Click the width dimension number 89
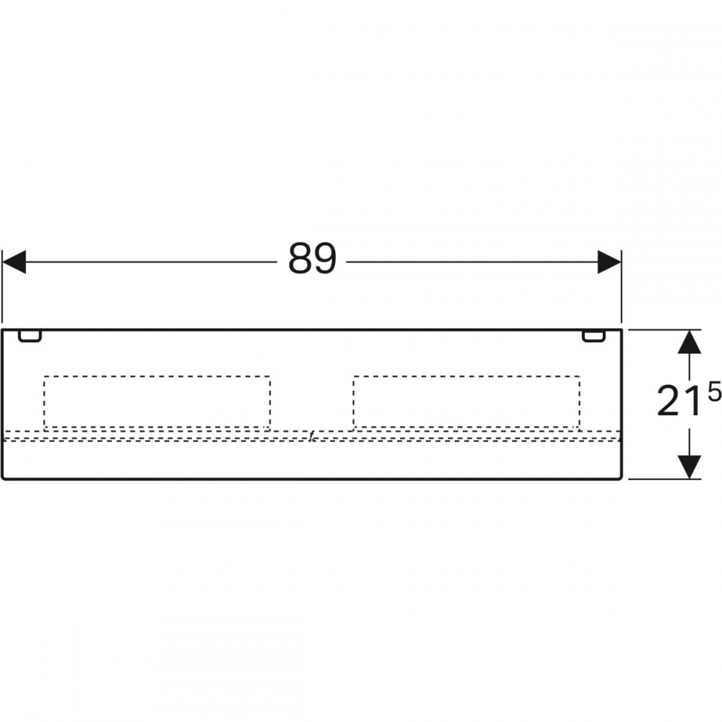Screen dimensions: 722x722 pyautogui.click(x=313, y=258)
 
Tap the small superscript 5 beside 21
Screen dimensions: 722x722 pyautogui.click(x=714, y=394)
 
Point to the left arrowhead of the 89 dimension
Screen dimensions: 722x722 pyautogui.click(x=14, y=262)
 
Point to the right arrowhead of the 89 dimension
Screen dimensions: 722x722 pyautogui.click(x=609, y=262)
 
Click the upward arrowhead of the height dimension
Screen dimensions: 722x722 pyautogui.click(x=690, y=342)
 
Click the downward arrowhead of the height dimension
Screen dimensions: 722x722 pyautogui.click(x=690, y=467)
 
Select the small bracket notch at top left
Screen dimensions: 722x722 pyautogui.click(x=30, y=336)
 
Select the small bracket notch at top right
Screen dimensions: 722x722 pyautogui.click(x=594, y=336)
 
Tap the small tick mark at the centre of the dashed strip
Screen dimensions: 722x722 pyautogui.click(x=312, y=436)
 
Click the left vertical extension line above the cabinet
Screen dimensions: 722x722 pyautogui.click(x=2, y=287)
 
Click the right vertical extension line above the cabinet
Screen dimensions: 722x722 pyautogui.click(x=621, y=287)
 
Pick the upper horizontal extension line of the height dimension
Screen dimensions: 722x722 pyautogui.click(x=664, y=330)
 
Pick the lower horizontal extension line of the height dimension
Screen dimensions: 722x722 pyautogui.click(x=664, y=479)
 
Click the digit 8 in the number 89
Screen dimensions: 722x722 pyautogui.click(x=300, y=258)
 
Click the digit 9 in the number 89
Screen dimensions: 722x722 pyautogui.click(x=325, y=258)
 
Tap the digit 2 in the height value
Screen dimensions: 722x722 pyautogui.click(x=668, y=401)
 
